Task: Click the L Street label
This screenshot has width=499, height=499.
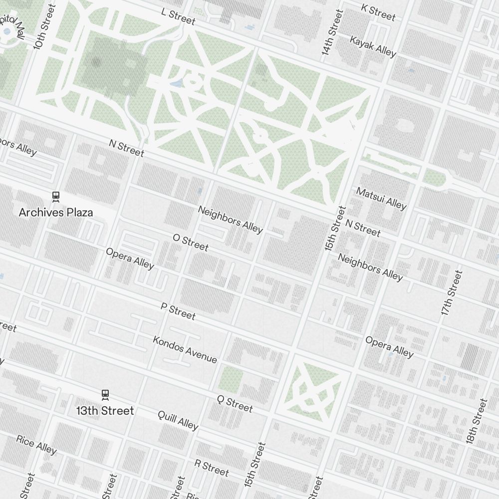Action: pyautogui.click(x=178, y=16)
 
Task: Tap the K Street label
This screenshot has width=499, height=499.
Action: pyautogui.click(x=378, y=12)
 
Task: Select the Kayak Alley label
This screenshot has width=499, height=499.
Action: pyautogui.click(x=373, y=46)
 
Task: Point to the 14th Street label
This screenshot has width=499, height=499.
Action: pyautogui.click(x=332, y=32)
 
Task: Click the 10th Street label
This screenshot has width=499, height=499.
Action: pyautogui.click(x=42, y=27)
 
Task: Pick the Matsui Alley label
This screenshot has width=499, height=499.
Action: pyautogui.click(x=381, y=198)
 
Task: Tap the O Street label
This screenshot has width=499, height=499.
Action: pyautogui.click(x=191, y=242)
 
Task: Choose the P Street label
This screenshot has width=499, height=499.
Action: pyautogui.click(x=178, y=310)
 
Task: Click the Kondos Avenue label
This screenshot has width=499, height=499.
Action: pyautogui.click(x=185, y=349)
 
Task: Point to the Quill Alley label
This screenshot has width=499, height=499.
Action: pyautogui.click(x=178, y=420)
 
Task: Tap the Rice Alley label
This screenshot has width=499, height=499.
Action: pyautogui.click(x=36, y=444)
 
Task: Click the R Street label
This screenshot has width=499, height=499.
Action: pyautogui.click(x=212, y=468)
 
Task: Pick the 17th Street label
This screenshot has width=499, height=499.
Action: pyautogui.click(x=452, y=292)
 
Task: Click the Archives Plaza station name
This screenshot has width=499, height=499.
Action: pyautogui.click(x=56, y=213)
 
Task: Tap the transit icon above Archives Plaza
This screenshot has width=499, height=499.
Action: pyautogui.click(x=56, y=197)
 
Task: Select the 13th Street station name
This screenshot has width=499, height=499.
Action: pyautogui.click(x=105, y=411)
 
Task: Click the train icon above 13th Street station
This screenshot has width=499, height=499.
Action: pyautogui.click(x=105, y=395)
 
